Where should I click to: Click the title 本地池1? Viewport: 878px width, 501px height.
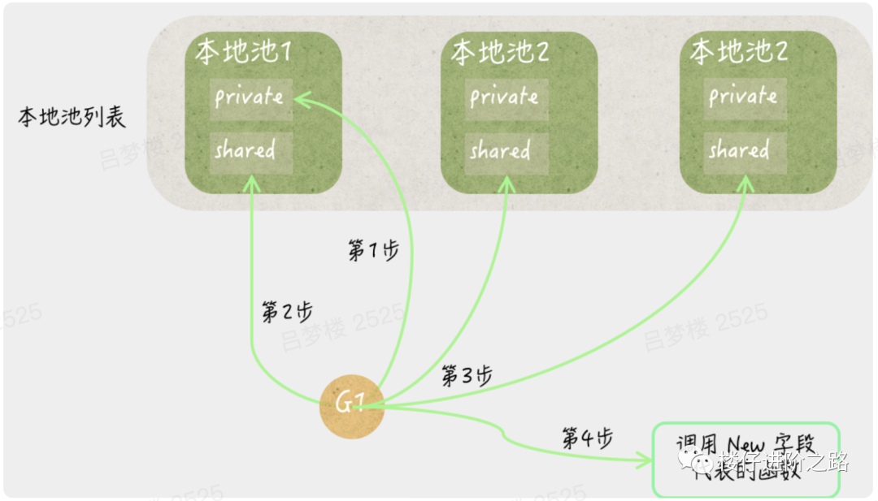(x=243, y=53)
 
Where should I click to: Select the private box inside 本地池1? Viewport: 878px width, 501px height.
(x=248, y=98)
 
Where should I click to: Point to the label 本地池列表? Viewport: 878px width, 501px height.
(x=72, y=119)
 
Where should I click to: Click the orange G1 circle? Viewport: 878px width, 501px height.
(x=350, y=403)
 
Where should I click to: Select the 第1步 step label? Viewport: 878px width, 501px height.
(x=373, y=251)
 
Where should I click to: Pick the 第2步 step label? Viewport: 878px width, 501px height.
(x=286, y=312)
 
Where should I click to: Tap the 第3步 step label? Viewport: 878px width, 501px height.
(x=467, y=375)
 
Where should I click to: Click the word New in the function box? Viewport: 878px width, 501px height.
(x=745, y=444)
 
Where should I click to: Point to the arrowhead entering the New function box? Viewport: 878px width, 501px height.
(x=646, y=460)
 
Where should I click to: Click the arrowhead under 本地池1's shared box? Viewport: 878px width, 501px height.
(x=253, y=179)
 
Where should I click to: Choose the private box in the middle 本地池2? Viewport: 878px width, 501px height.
(x=504, y=98)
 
